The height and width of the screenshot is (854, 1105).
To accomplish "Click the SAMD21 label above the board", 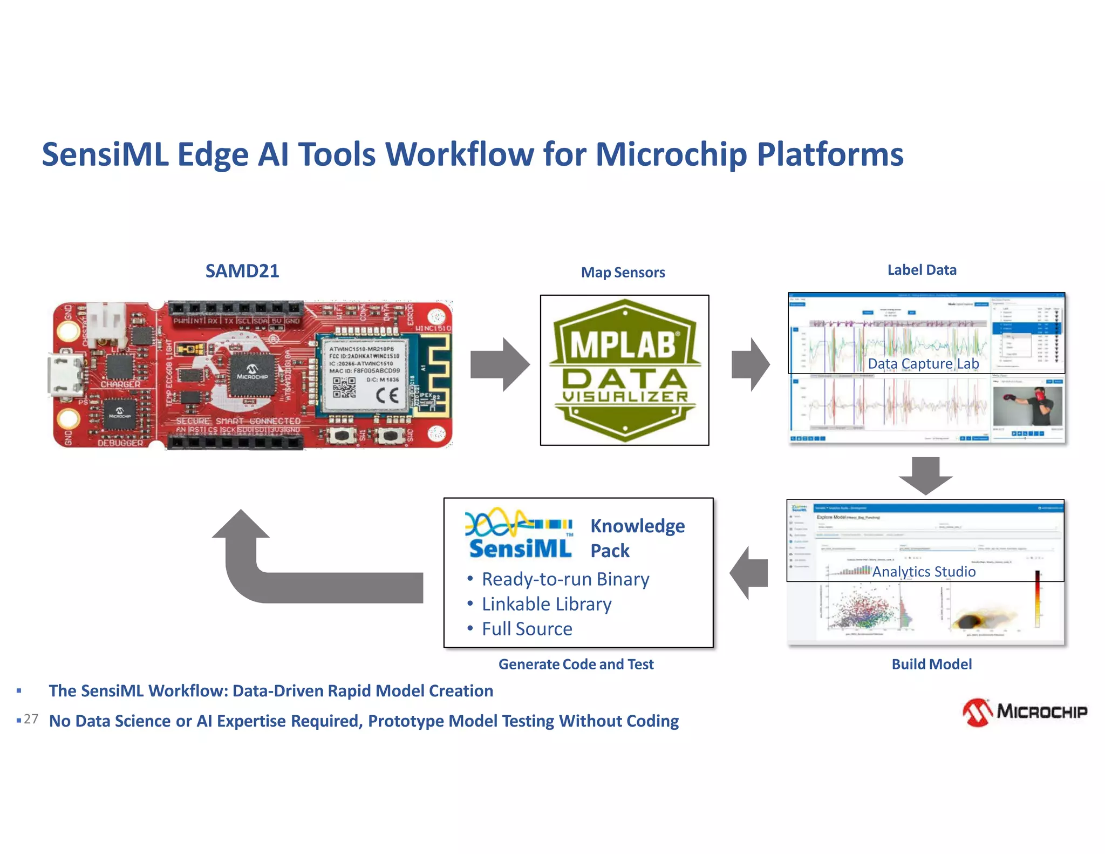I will coord(242,271).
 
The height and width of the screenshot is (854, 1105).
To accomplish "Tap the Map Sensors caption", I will coord(623,273).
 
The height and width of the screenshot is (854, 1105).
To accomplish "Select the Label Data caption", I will coord(922,270).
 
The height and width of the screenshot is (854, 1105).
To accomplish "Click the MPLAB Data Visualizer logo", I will coord(624,370).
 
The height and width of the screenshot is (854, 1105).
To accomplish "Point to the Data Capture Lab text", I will coord(923,364).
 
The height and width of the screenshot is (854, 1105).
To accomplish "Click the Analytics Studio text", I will coord(924,571).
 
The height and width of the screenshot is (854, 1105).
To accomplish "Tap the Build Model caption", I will coord(931,664).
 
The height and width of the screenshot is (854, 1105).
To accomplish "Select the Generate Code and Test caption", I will coord(576,664).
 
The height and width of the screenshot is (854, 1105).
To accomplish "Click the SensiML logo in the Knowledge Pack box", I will coord(519,534).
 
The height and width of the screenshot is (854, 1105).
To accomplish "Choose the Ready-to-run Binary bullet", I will coord(565,579).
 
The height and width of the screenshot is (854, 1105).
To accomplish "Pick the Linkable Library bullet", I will coord(546,604).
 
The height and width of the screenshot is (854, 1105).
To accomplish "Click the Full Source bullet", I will coord(527,629).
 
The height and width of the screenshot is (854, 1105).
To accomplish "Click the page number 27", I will coord(31,719).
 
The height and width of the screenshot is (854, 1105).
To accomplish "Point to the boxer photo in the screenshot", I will coord(1027,406).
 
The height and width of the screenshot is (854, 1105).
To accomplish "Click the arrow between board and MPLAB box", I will coord(500,365).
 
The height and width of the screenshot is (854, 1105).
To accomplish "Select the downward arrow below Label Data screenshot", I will coord(926,476).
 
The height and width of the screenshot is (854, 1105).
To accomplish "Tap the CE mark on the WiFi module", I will coord(387,396).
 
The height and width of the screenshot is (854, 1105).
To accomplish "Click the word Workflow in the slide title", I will coord(460,154).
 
